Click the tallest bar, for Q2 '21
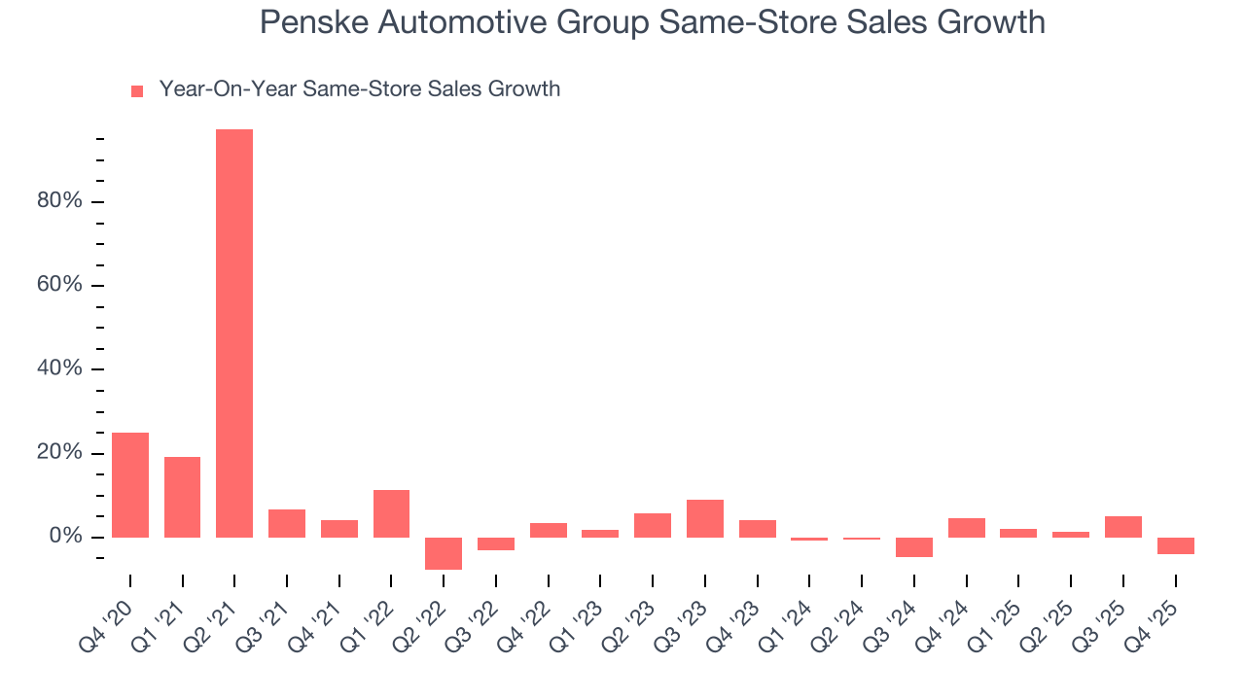click(x=234, y=333)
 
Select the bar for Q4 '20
click(x=130, y=485)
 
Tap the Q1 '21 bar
click(x=182, y=497)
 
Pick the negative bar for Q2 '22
click(x=444, y=553)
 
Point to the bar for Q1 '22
click(x=391, y=513)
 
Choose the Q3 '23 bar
click(x=704, y=518)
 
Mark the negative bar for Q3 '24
click(x=914, y=547)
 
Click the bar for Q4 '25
click(x=1175, y=545)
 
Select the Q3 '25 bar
click(x=1123, y=527)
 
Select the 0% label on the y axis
click(x=66, y=538)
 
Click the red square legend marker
click(x=137, y=91)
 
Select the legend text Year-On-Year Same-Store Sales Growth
click(x=360, y=89)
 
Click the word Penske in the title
click(x=312, y=21)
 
